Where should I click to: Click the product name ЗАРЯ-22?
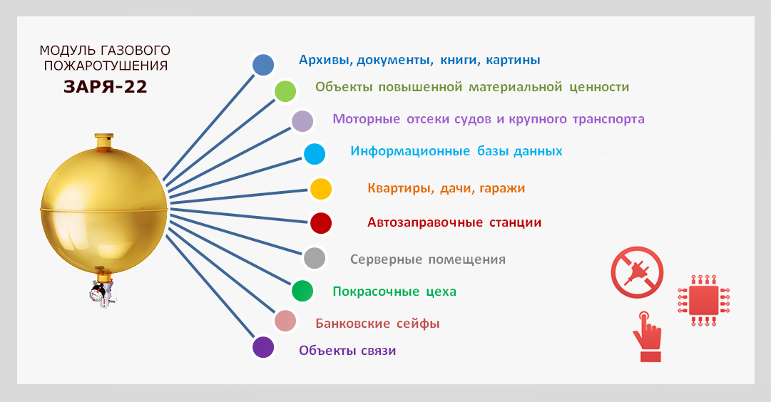[x=106, y=86]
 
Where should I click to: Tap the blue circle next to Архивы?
[x=263, y=65]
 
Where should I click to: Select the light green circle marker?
[x=285, y=91]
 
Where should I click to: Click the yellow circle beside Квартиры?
[x=320, y=189]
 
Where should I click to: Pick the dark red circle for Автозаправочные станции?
[x=320, y=222]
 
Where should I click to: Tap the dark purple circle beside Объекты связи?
[x=263, y=347]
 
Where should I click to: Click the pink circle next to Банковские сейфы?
[x=285, y=321]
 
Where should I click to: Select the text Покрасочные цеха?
[x=394, y=292]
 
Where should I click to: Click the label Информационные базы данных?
[x=456, y=151]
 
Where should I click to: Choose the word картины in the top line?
[x=513, y=61]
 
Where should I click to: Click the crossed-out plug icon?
[x=637, y=272]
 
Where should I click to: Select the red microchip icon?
[x=704, y=301]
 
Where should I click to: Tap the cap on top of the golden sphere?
[x=103, y=141]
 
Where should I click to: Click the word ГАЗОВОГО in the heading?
[x=136, y=51]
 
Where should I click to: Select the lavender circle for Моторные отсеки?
[x=302, y=121]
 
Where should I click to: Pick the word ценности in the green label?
[x=599, y=88]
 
